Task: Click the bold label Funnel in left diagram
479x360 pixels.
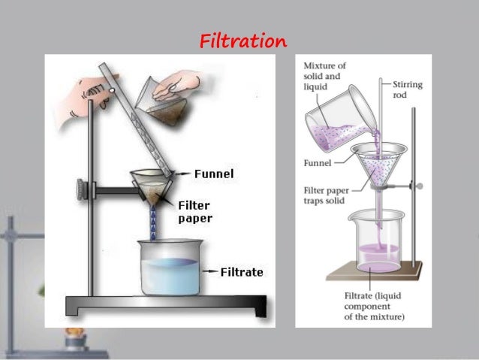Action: tap(214, 174)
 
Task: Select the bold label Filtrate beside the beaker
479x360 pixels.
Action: tap(241, 271)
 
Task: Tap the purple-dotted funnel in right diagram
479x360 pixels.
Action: tap(378, 165)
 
